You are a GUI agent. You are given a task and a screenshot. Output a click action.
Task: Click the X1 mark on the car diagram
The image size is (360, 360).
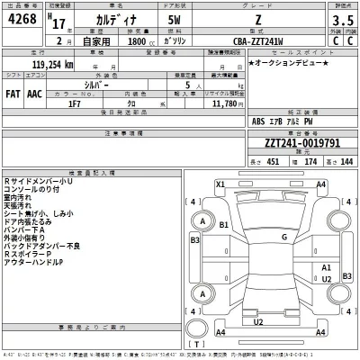point(219,184)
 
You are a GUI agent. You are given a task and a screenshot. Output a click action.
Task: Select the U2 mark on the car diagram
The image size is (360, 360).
point(259,320)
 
